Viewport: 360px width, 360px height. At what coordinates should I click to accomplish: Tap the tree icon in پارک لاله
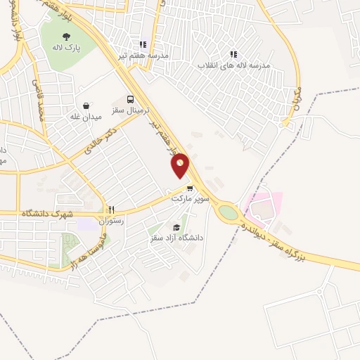point(65,37)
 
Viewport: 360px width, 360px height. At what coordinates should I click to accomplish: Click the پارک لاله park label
point(65,48)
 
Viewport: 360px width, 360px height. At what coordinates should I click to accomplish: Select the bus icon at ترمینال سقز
point(130,99)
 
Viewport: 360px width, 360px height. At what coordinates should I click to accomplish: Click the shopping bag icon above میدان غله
point(86,105)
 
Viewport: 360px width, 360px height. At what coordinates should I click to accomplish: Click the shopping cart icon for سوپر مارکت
point(190,188)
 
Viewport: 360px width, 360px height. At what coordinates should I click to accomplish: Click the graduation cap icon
point(176,227)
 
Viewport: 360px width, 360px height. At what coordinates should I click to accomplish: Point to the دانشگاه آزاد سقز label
point(176,238)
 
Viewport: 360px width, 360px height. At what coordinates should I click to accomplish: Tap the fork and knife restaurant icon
point(110,210)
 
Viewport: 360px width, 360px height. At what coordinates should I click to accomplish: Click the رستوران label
point(110,221)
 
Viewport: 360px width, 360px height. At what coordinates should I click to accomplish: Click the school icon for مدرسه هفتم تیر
point(143,44)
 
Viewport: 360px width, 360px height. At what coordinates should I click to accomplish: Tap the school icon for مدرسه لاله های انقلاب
point(233,54)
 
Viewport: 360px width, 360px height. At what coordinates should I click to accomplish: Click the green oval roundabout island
point(228,211)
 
